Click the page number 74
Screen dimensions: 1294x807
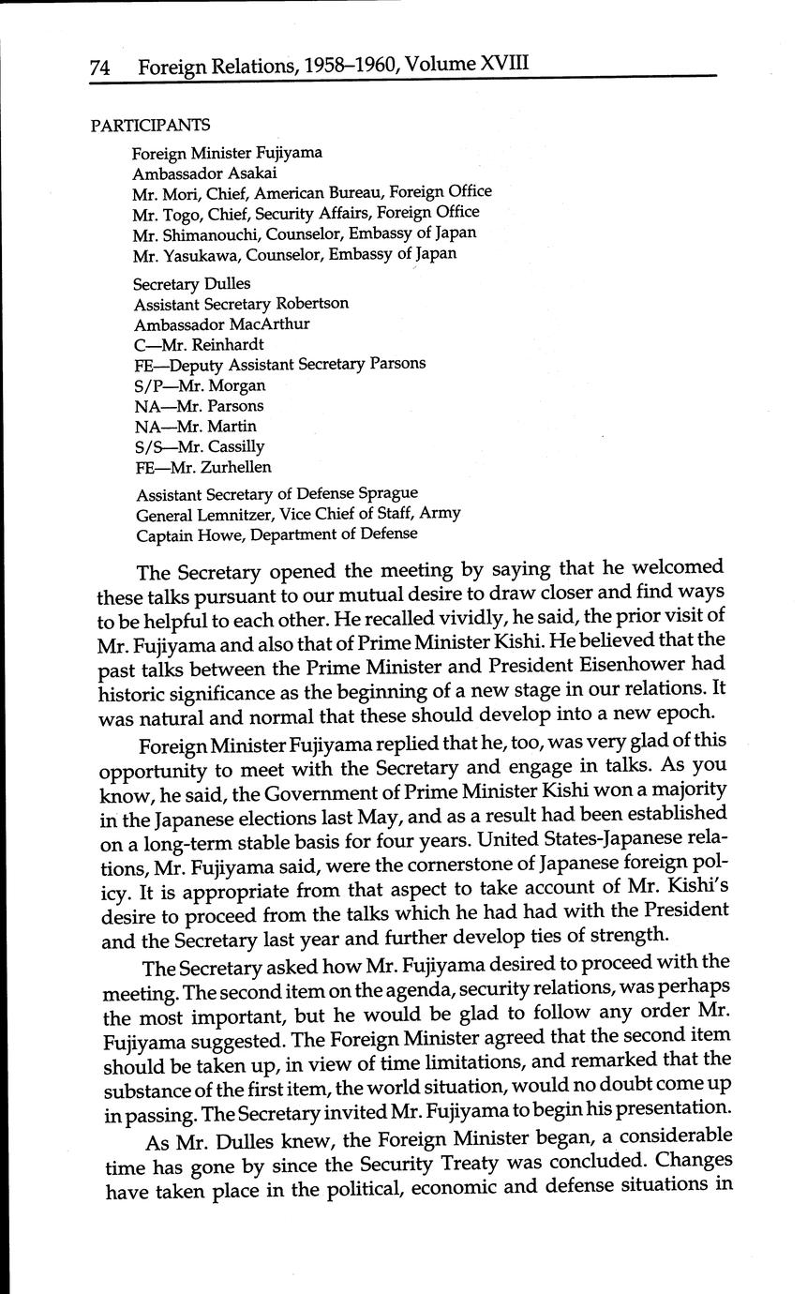click(100, 68)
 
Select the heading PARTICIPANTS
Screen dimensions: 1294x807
click(150, 126)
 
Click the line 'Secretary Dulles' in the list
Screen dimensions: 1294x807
click(192, 283)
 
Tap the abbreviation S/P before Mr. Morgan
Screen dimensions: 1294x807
click(147, 385)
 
